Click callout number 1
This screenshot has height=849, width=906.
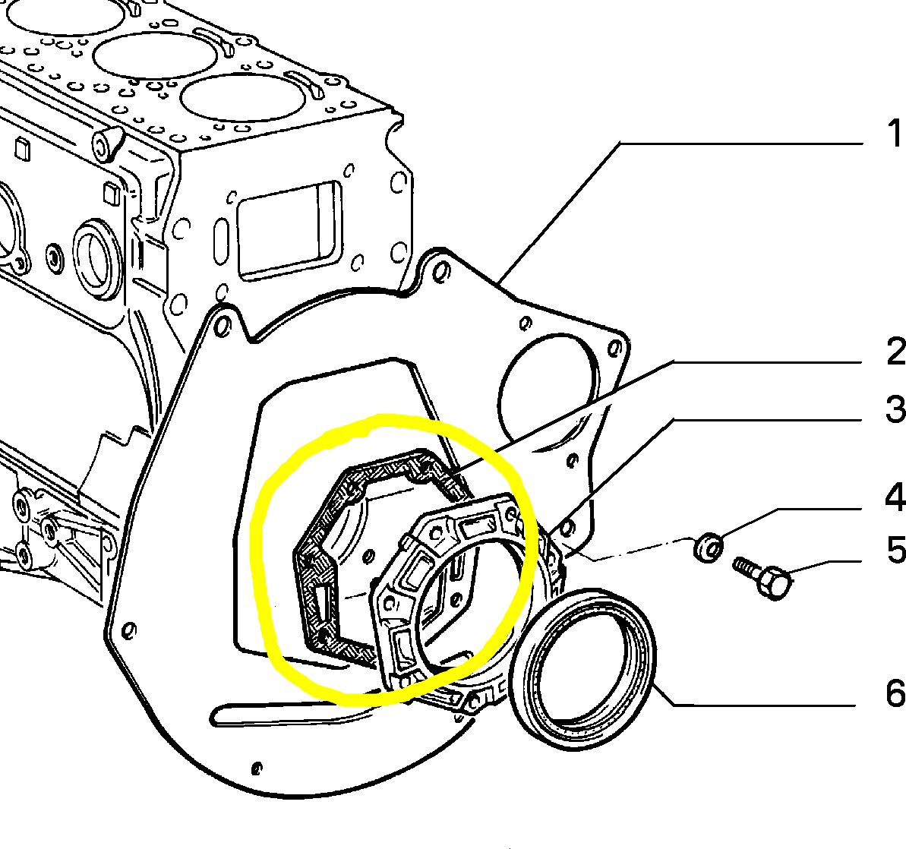(x=895, y=133)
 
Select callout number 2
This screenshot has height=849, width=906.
(x=895, y=352)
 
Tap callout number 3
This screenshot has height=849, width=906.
(x=895, y=409)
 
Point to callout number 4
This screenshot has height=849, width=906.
(x=895, y=497)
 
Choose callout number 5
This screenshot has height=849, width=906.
(x=896, y=550)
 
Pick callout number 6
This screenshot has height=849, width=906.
(x=895, y=693)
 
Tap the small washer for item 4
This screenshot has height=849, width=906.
(x=709, y=547)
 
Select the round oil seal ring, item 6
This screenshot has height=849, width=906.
(x=582, y=669)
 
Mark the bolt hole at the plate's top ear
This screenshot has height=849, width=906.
(x=441, y=270)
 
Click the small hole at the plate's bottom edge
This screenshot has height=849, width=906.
(x=257, y=769)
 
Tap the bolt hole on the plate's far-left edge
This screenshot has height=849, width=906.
(x=130, y=630)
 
